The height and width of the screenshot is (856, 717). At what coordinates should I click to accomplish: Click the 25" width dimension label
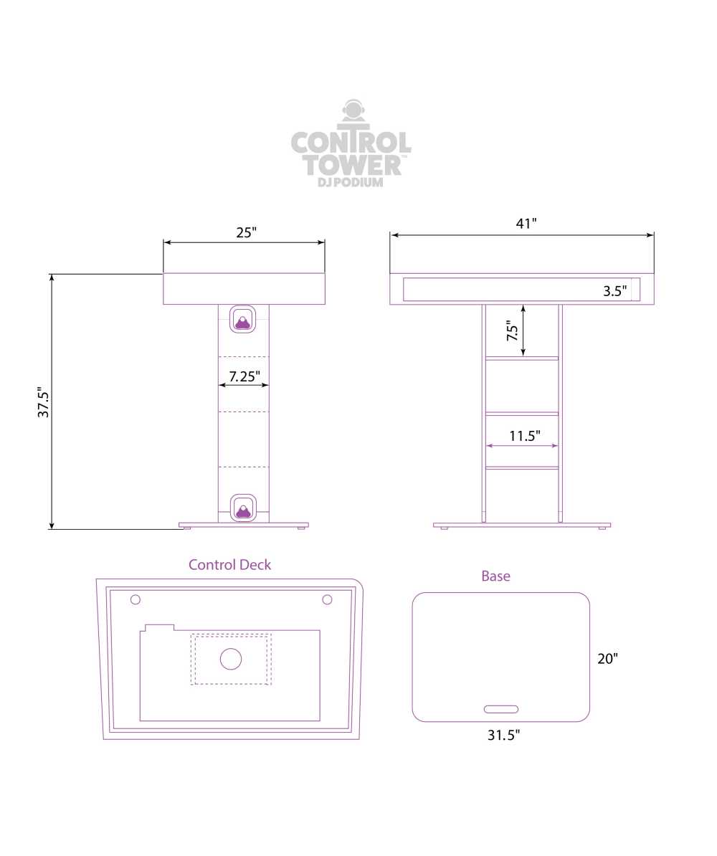[246, 232]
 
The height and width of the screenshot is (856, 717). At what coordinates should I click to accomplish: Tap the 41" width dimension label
[526, 223]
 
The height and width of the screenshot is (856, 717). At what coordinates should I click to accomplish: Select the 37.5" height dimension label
[43, 402]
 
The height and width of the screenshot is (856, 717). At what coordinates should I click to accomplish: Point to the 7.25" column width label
[244, 376]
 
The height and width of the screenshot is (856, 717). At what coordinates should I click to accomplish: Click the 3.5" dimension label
[615, 291]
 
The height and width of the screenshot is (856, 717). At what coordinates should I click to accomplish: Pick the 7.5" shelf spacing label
[512, 330]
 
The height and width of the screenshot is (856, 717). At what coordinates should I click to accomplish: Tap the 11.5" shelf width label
[525, 436]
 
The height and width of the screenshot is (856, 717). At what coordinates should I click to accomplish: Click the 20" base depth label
[607, 658]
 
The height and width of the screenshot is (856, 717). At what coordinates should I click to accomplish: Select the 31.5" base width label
[503, 735]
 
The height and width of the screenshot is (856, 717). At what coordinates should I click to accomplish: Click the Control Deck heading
[229, 564]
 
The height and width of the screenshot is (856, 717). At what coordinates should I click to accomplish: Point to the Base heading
[496, 576]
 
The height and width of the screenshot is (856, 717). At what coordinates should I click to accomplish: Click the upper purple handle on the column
[242, 319]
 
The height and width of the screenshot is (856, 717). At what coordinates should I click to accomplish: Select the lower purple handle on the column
[243, 508]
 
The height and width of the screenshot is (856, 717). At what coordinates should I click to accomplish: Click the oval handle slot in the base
[501, 709]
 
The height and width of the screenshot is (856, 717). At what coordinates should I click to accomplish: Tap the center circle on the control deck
[231, 659]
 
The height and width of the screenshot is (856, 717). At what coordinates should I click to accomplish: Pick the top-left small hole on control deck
[136, 600]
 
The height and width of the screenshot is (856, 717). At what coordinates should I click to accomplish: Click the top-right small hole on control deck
[327, 600]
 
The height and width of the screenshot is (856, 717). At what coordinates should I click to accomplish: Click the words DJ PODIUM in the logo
[351, 182]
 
